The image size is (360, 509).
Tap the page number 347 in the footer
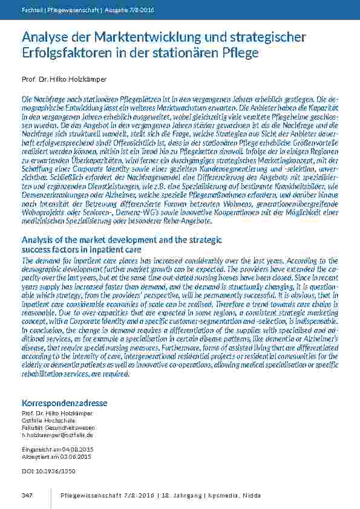pos(27,495)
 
